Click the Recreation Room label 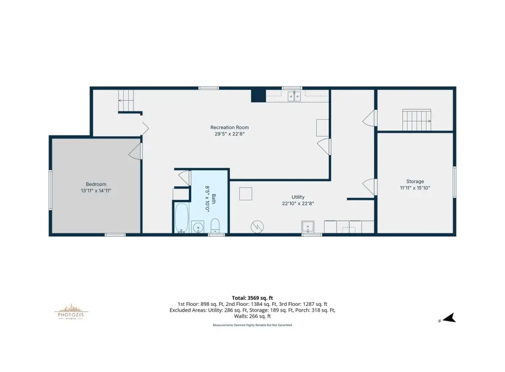pyautogui.click(x=229, y=128)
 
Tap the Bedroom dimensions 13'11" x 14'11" pyautogui.click(x=96, y=190)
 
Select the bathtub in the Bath pyautogui.click(x=181, y=218)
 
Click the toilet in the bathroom pyautogui.click(x=215, y=225)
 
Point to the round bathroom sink pyautogui.click(x=197, y=227)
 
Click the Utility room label pyautogui.click(x=298, y=197)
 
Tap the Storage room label pyautogui.click(x=415, y=182)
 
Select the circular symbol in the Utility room pyautogui.click(x=257, y=227)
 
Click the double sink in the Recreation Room pyautogui.click(x=294, y=96)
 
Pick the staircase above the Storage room pyautogui.click(x=417, y=120)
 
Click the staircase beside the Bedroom pyautogui.click(x=126, y=101)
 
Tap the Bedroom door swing pyautogui.click(x=135, y=151)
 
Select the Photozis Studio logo pyautogui.click(x=71, y=312)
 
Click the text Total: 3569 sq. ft pyautogui.click(x=252, y=298)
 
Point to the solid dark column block pyautogui.click(x=258, y=96)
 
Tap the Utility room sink pyautogui.click(x=308, y=227)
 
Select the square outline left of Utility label pyautogui.click(x=246, y=194)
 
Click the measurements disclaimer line pyautogui.click(x=252, y=325)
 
